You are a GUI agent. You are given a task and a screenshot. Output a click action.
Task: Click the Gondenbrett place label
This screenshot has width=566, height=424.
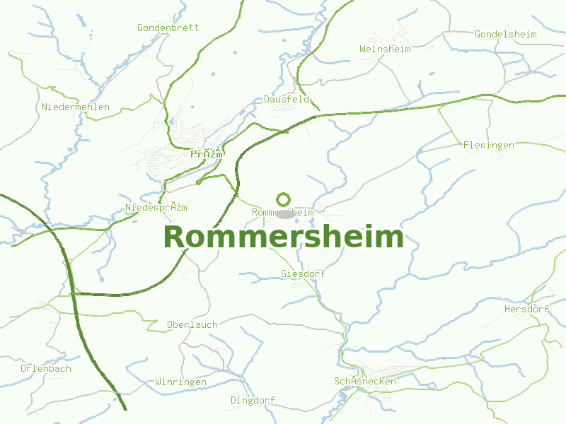[168, 28]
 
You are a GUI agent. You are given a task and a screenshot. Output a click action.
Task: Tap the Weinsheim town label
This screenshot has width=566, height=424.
[385, 49]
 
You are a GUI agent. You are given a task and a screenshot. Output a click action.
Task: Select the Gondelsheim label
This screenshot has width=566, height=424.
[506, 34]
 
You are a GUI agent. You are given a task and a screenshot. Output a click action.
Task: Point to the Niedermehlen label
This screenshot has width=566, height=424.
[76, 107]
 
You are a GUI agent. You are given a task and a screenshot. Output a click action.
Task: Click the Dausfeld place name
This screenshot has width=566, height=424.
[287, 100]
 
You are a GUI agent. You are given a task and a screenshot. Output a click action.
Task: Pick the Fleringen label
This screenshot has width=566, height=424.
[489, 146]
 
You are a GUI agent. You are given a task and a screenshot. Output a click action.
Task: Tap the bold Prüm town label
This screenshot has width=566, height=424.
[207, 154]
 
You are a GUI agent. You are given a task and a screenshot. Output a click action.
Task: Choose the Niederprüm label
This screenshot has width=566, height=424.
[156, 208]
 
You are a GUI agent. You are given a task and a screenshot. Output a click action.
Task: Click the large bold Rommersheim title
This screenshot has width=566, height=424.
[283, 237]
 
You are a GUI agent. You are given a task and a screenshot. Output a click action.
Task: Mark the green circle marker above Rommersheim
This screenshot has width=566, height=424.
[284, 199]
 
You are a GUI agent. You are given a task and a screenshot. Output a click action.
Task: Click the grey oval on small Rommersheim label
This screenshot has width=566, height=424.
[284, 213]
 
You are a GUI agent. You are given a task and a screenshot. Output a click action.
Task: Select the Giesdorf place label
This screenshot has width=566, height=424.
[303, 273]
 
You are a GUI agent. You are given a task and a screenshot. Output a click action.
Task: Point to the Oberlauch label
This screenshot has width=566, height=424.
[192, 325]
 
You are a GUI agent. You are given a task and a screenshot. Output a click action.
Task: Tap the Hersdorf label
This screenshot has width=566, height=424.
[526, 310]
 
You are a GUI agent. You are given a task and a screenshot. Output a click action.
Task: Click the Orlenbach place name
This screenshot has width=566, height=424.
[46, 369]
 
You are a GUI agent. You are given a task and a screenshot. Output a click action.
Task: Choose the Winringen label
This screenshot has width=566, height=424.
[181, 382]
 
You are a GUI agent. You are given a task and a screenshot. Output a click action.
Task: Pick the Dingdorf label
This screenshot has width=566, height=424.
[253, 401]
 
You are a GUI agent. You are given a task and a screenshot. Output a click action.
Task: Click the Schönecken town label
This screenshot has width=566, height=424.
[365, 382]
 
